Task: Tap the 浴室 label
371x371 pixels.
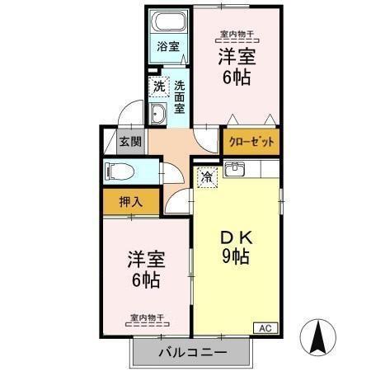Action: [x=168, y=46]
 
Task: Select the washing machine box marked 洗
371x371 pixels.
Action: [x=157, y=85]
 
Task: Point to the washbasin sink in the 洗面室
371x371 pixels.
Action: [x=158, y=114]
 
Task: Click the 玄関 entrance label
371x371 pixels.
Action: [x=129, y=141]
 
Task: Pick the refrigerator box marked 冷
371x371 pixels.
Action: [x=206, y=175]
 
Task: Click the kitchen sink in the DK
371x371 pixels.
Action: [x=235, y=171]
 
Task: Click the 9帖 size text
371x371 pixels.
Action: [x=235, y=256]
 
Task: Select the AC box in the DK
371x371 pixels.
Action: [x=265, y=327]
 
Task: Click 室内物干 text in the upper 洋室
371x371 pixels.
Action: [x=235, y=35]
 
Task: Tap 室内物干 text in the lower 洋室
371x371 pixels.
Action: [x=146, y=317]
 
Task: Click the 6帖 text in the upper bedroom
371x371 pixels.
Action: [x=235, y=79]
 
